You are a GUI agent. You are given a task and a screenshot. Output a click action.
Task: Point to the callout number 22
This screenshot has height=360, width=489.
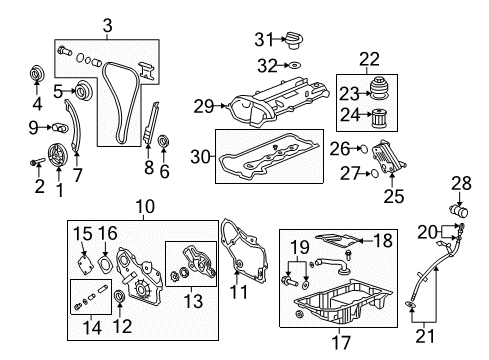[x=370, y=59]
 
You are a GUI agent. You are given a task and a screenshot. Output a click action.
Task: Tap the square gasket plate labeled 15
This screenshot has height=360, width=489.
[x=86, y=260]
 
